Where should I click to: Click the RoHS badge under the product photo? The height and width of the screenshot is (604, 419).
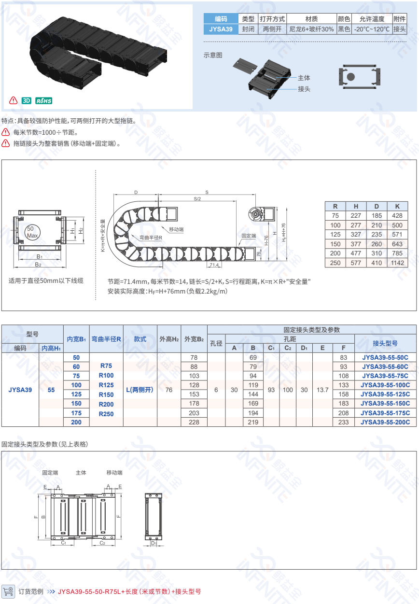pos(43,101)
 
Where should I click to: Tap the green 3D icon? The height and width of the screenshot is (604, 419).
pos(27,101)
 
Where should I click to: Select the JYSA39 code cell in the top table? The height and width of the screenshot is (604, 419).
pos(221,29)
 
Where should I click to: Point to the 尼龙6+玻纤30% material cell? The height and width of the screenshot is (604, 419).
pos(311,29)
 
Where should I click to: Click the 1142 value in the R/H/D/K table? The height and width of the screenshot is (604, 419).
pos(398,263)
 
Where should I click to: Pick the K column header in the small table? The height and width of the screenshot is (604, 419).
pos(398,206)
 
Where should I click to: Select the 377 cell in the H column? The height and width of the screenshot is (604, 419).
pos(356,244)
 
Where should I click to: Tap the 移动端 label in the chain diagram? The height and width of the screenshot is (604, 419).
pos(176,229)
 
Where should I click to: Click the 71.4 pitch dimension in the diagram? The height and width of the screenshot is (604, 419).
pos(214,265)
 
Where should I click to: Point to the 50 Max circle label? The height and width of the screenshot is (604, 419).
pos(32,232)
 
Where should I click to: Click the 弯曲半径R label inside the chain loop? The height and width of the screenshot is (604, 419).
pos(151,238)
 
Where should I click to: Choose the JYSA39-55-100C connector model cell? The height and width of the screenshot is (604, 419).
pos(385,385)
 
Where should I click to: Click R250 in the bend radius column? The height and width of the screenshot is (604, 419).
pos(106,414)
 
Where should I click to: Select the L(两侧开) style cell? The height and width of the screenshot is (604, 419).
pos(140,390)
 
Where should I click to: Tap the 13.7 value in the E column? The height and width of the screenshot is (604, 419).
pos(322,390)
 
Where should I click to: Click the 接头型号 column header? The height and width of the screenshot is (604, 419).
pos(385,343)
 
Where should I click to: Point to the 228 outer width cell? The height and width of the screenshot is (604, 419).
pos(194,422)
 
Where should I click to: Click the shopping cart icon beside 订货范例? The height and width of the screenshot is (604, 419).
pos(8,591)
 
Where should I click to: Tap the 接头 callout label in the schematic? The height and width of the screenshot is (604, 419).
pos(304,89)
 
